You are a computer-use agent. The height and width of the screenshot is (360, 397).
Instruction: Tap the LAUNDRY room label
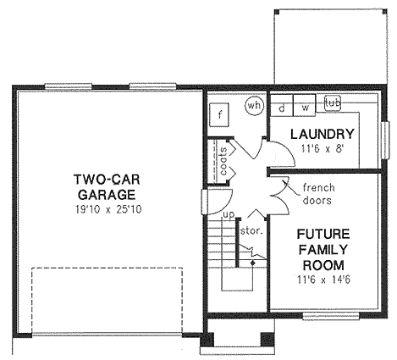tap(321, 134)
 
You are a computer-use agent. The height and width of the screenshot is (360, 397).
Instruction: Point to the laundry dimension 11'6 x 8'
tap(321, 148)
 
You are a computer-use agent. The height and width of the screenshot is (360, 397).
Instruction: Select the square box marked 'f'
tap(220, 114)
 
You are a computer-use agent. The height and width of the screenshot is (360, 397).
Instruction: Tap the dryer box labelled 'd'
tap(282, 108)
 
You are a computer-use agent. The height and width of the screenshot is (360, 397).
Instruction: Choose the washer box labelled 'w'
tap(303, 108)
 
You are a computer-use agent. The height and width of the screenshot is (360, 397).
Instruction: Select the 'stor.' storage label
tap(252, 229)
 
